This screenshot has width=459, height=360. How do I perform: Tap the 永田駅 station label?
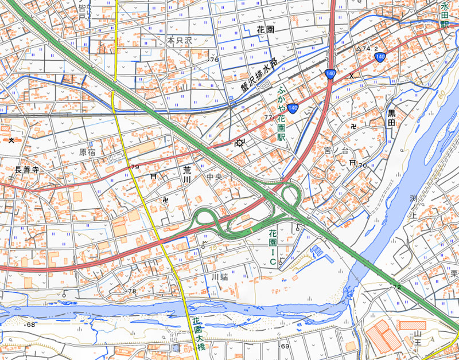point(444,15)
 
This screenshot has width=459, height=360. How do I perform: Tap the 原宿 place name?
point(87,152)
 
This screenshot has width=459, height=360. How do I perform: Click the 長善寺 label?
point(26,170)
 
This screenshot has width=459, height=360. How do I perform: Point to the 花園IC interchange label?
point(273,246)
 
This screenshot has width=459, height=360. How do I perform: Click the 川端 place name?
point(219,277)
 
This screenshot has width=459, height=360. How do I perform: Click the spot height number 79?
point(135,167)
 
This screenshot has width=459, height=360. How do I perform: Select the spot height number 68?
point(30,326)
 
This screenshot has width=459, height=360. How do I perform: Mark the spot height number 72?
point(396,286)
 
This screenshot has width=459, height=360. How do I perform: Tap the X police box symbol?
point(351,76)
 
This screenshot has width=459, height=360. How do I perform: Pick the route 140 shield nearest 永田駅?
point(379,56)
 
